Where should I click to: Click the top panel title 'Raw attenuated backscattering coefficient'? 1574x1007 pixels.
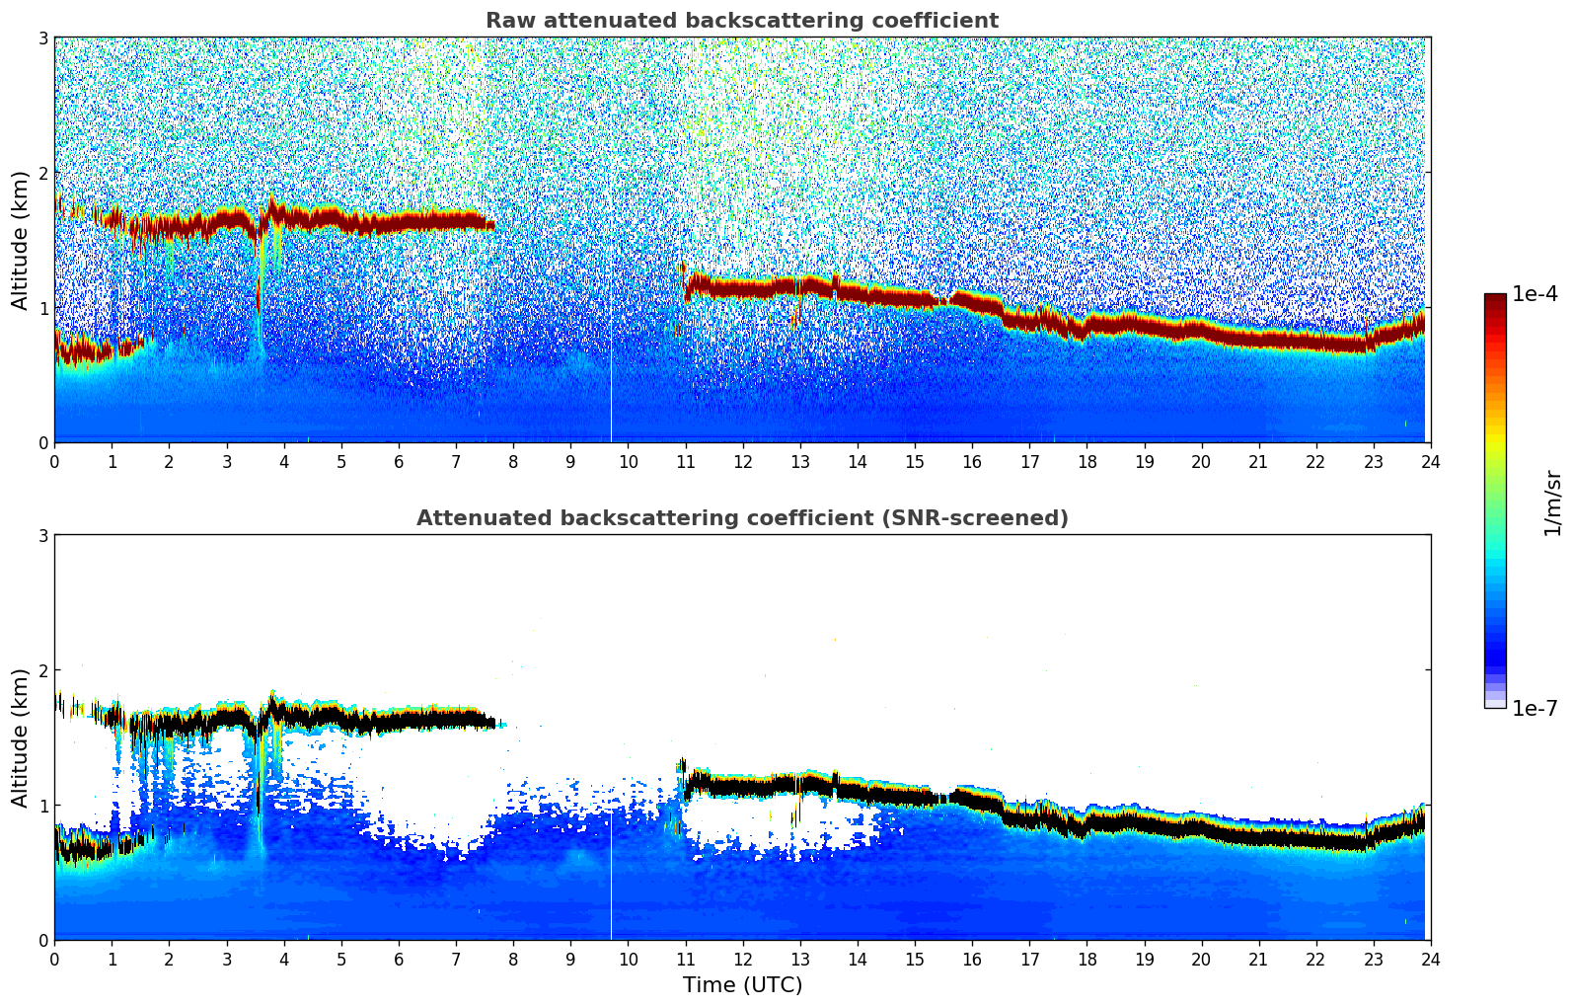(x=741, y=21)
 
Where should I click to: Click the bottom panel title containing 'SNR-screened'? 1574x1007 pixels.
(x=741, y=518)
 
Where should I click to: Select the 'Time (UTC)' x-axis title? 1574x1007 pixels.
(x=742, y=985)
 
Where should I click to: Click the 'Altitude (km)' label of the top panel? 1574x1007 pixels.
(x=21, y=240)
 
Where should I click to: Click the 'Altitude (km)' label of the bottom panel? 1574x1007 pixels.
(x=21, y=737)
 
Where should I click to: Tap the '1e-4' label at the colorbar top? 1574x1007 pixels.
(x=1535, y=294)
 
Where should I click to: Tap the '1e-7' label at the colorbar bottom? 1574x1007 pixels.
(x=1535, y=709)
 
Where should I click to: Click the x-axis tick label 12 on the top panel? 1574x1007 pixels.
(x=742, y=461)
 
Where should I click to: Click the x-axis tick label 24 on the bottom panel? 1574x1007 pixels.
(x=1430, y=959)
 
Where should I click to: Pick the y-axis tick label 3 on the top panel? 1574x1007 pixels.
(x=43, y=39)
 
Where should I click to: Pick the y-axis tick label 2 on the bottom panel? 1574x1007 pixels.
(x=43, y=670)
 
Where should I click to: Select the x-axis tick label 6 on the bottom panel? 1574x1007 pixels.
(x=399, y=959)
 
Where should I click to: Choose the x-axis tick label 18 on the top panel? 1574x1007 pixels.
(x=1087, y=461)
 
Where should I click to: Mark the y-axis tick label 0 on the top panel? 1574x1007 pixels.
(x=43, y=443)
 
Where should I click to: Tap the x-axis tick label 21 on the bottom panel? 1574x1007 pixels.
(x=1258, y=959)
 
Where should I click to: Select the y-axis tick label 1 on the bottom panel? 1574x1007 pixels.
(x=43, y=806)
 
